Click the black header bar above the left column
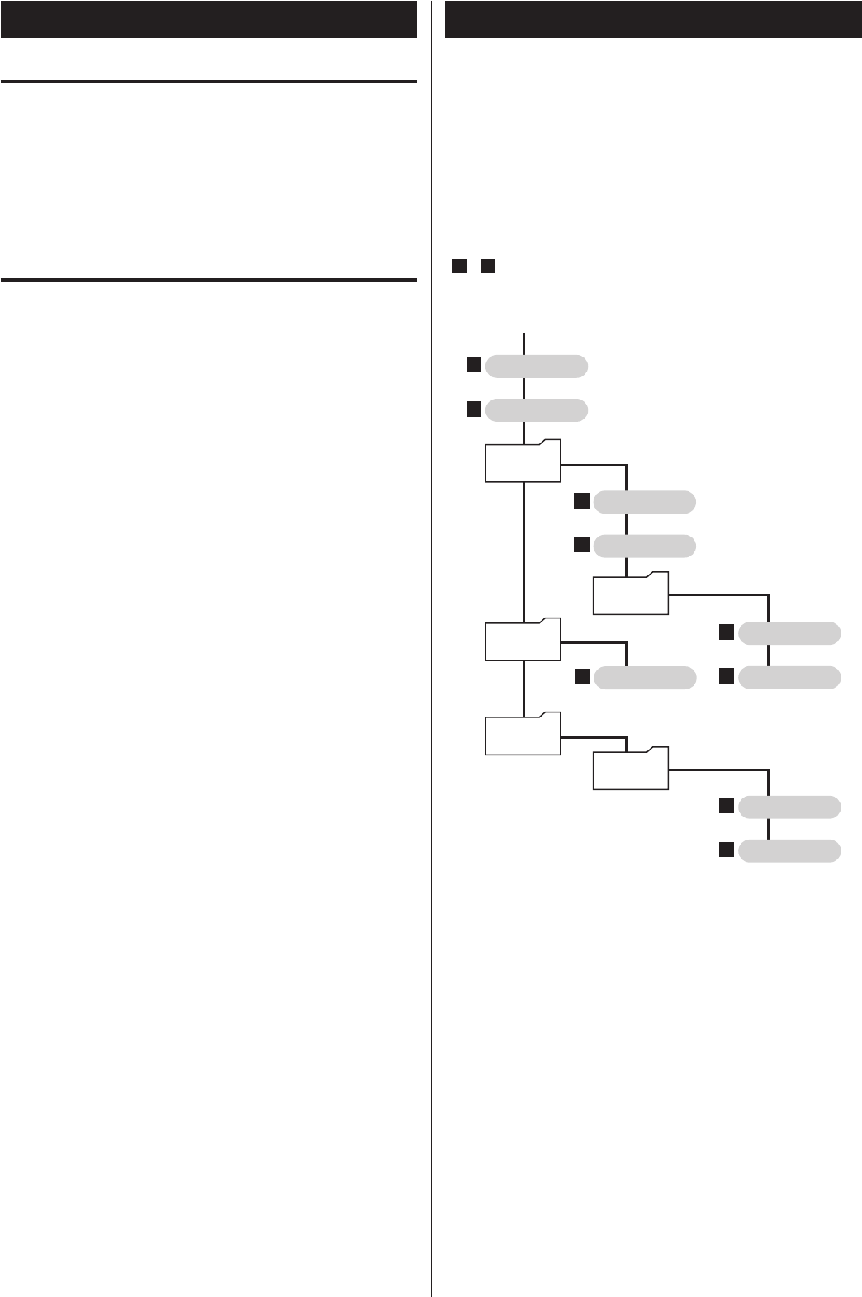coord(208,19)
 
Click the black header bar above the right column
coord(652,19)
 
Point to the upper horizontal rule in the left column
coord(208,82)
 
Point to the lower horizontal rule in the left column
coord(208,280)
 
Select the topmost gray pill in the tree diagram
coord(537,366)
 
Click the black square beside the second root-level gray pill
coord(472,409)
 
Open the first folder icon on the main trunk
coord(523,461)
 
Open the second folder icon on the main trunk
coord(523,638)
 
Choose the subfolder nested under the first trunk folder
coord(630,593)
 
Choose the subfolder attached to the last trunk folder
coord(630,769)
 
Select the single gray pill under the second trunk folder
coord(644,678)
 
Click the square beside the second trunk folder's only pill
coord(581,677)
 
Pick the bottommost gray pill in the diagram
coord(789,850)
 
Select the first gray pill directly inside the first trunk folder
coord(644,502)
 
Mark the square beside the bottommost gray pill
coord(726,850)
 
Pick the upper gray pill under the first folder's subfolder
coord(789,634)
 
